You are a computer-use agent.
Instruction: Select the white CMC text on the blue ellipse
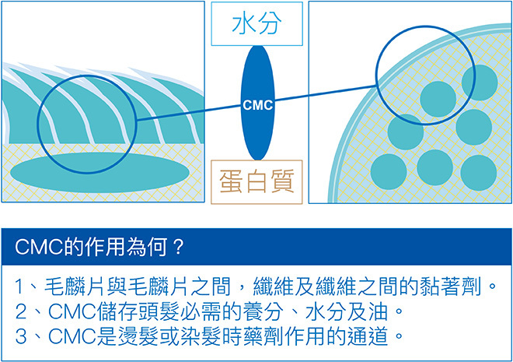point(257,104)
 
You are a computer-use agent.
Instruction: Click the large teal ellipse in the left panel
point(103,169)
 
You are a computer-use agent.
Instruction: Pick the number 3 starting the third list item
point(21,339)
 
